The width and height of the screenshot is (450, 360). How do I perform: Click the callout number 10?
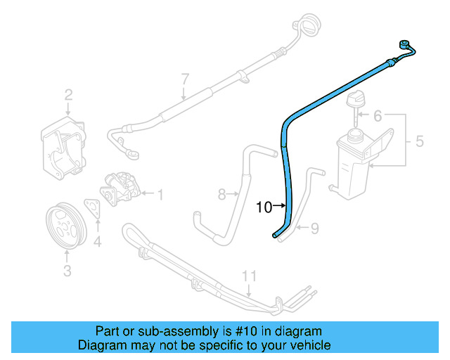(x=264, y=207)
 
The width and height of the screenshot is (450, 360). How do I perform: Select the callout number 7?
(x=185, y=78)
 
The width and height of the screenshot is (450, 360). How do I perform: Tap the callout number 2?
(x=69, y=95)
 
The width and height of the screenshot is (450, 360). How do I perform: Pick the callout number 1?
(x=160, y=194)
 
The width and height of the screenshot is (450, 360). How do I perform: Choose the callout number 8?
(x=221, y=193)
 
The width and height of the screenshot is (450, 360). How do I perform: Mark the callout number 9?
(x=315, y=228)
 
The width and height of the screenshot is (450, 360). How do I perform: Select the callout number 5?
(x=419, y=141)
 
